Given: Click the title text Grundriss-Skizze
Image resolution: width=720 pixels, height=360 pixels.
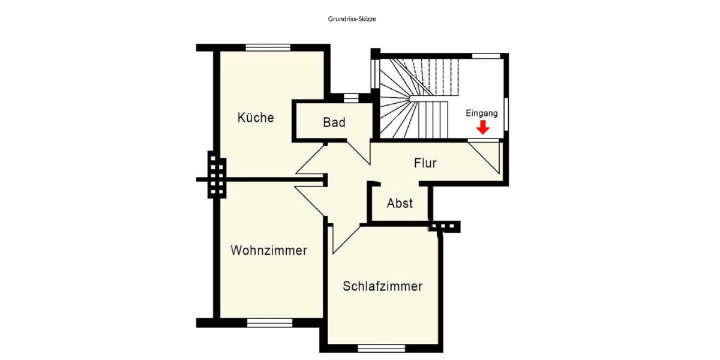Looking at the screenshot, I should click(352, 19).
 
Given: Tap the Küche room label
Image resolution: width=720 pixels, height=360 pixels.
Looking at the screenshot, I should click(256, 118).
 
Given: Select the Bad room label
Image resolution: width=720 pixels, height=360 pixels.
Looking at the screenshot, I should click(334, 122).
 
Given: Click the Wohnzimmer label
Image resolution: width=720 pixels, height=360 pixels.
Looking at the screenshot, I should click(269, 250).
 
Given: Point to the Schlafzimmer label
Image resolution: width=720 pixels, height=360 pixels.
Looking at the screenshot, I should click(382, 286).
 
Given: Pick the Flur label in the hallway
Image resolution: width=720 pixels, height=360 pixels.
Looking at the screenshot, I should click(425, 163).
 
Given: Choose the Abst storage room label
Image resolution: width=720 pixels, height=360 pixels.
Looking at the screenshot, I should click(400, 203).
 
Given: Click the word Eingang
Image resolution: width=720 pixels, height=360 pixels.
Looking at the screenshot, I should click(482, 113).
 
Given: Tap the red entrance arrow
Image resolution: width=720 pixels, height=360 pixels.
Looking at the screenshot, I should click(482, 127).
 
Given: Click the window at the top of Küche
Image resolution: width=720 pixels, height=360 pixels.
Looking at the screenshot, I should click(268, 47).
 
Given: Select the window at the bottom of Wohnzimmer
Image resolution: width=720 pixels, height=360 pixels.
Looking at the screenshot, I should click(269, 322).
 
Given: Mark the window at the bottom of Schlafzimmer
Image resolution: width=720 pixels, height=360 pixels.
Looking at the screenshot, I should click(382, 348).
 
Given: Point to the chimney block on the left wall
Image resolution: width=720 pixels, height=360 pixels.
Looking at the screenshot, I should click(217, 175).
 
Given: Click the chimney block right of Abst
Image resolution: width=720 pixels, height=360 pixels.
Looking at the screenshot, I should click(446, 226).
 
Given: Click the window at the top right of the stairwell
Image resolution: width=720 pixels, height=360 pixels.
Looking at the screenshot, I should click(486, 56).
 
